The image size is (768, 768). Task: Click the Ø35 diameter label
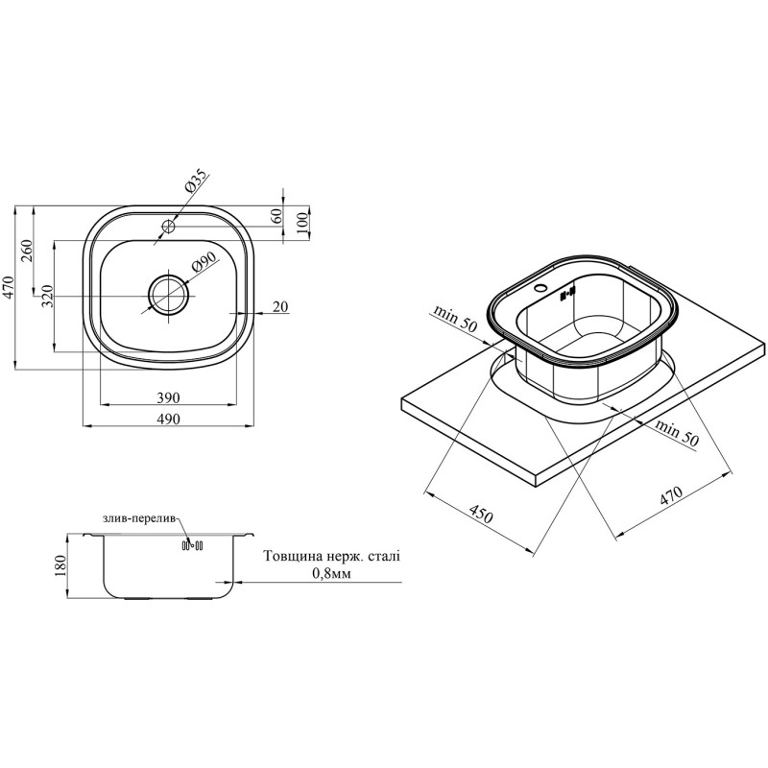(x=197, y=180)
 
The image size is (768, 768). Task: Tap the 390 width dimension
(x=169, y=397)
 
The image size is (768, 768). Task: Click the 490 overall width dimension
(x=169, y=420)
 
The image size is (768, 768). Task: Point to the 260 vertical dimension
(x=27, y=251)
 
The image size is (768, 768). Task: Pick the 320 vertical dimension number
(x=47, y=296)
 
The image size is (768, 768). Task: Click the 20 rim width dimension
(x=280, y=306)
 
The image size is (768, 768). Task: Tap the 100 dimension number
(x=301, y=223)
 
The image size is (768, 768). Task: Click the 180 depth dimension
(x=60, y=566)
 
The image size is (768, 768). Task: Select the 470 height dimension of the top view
(x=10, y=287)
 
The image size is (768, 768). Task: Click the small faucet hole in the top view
(x=169, y=226)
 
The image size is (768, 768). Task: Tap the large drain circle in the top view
(x=169, y=296)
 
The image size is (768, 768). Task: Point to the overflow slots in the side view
(x=192, y=545)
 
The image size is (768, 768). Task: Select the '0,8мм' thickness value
(x=331, y=573)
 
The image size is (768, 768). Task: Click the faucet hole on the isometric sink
(x=541, y=288)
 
